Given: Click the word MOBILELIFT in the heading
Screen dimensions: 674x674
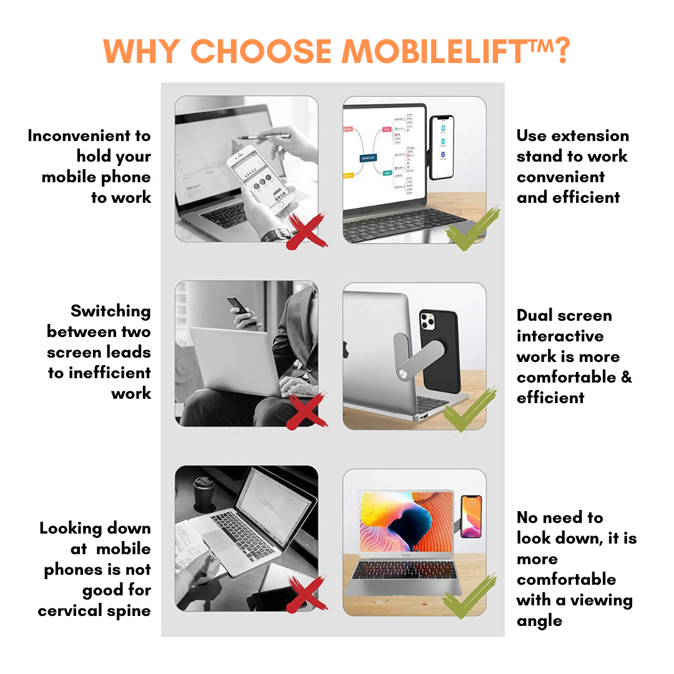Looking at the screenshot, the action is (x=435, y=51).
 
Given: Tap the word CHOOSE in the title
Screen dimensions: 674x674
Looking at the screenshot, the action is (x=261, y=51).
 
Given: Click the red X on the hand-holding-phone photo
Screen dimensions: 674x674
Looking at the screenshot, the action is (x=306, y=230).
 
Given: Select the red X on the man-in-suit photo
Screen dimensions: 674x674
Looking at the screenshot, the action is (x=306, y=411).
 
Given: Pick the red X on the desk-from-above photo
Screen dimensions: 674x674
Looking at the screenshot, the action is (x=306, y=594).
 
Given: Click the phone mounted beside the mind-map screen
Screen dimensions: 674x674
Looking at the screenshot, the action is (x=442, y=147).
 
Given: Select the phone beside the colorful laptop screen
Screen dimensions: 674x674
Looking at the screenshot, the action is (x=471, y=517).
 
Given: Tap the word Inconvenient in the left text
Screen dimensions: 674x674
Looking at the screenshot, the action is (x=79, y=136).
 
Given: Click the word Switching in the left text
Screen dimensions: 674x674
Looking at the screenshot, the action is (x=110, y=311).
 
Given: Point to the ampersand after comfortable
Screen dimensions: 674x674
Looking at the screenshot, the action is (x=627, y=377).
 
